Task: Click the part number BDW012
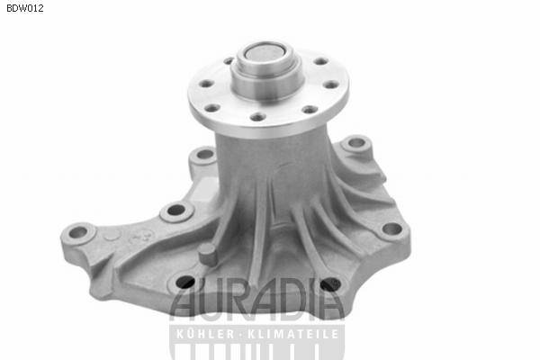click(25, 8)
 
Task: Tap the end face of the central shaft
click(265, 54)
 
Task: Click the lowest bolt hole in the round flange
click(257, 118)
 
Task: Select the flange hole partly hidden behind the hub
click(229, 61)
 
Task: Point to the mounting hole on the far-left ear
click(78, 232)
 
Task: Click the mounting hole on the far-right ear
click(391, 229)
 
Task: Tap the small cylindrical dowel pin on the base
click(207, 254)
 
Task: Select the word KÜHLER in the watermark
click(202, 334)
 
